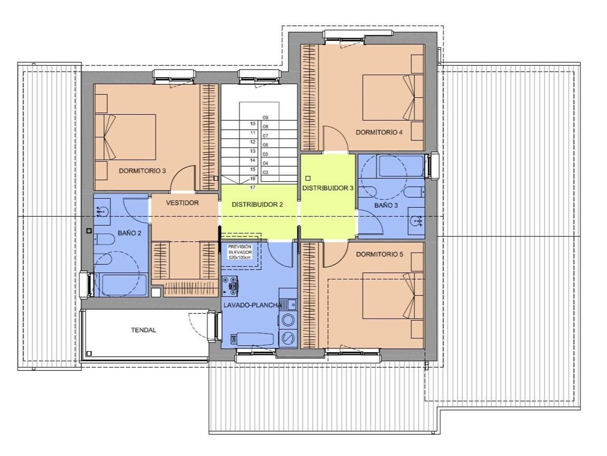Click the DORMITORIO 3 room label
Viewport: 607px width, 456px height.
[x=142, y=171]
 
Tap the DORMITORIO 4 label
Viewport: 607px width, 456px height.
[x=379, y=133]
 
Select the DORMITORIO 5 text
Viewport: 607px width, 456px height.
[x=380, y=254]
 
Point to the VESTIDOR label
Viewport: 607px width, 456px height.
[x=182, y=203]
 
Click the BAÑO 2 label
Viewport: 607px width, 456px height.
[x=129, y=233]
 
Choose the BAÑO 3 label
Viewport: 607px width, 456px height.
[x=386, y=205]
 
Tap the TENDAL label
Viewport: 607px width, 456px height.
[x=144, y=330]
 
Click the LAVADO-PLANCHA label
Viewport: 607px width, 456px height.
[x=253, y=305]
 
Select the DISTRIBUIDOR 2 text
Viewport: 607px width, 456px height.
[x=257, y=205]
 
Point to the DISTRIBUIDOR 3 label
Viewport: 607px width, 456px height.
[x=328, y=188]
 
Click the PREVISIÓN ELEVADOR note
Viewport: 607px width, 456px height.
[x=240, y=252]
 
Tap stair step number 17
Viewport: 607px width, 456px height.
[x=253, y=187]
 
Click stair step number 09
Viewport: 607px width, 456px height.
[x=265, y=118]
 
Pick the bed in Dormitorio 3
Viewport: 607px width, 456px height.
[x=125, y=137]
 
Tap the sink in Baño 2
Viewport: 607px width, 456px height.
[x=102, y=212]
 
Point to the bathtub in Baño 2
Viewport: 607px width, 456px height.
[x=121, y=285]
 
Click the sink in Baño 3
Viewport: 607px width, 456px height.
[x=416, y=221]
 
